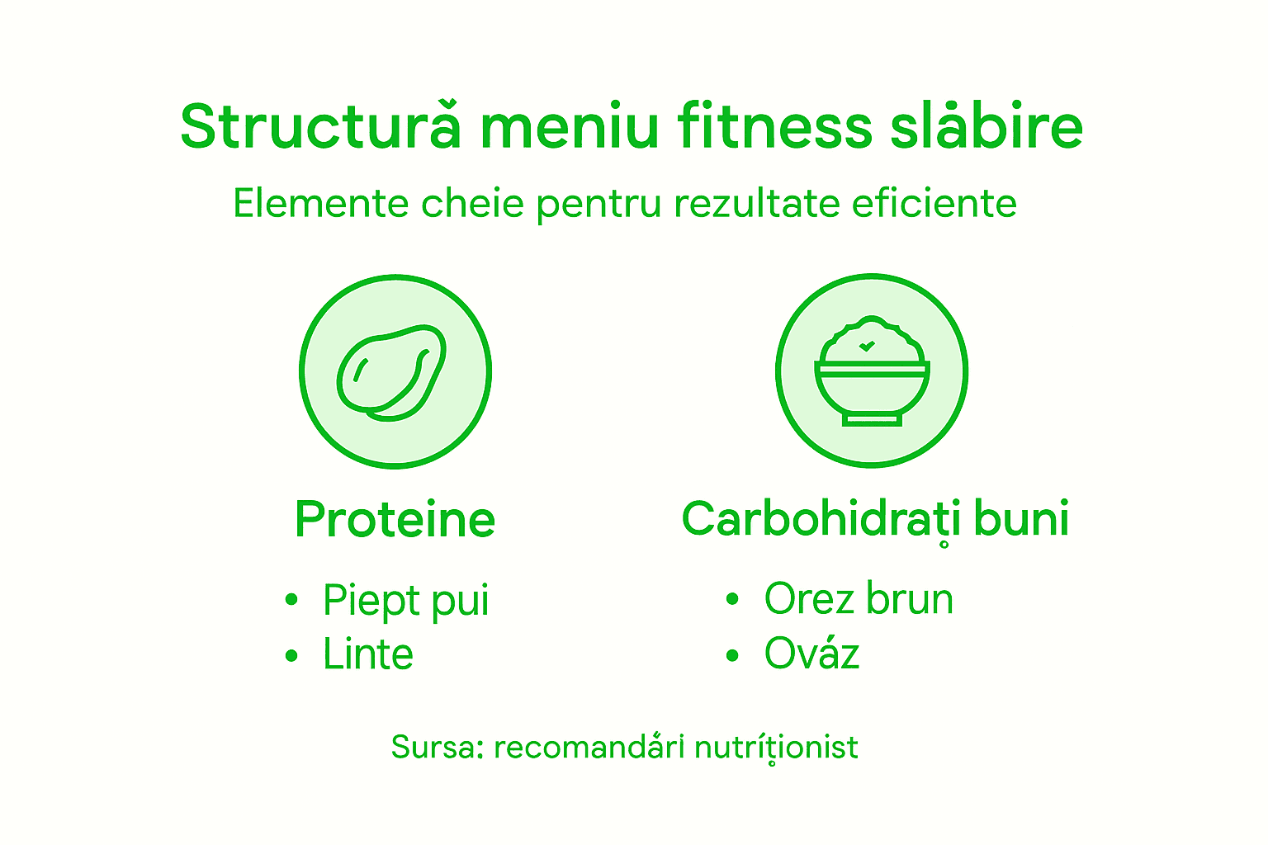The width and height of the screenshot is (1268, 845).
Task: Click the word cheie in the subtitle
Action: click(472, 203)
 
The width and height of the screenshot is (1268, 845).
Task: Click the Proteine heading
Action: click(395, 519)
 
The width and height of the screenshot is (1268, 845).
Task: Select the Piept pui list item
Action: click(405, 600)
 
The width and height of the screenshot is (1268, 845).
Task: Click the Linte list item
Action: click(367, 654)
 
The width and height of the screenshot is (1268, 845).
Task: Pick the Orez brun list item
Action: click(859, 599)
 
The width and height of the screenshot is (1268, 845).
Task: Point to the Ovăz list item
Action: click(811, 654)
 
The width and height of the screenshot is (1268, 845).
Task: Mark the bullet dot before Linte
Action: click(291, 656)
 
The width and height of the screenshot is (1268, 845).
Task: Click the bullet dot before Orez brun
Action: click(732, 600)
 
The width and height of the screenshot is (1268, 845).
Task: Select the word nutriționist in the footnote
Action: click(776, 747)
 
